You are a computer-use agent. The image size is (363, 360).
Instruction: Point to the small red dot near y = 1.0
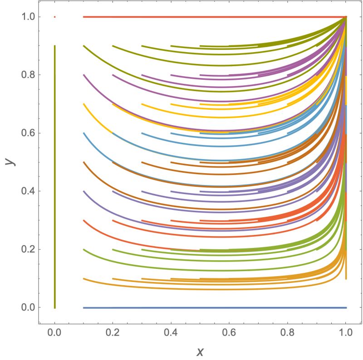[x=54, y=17]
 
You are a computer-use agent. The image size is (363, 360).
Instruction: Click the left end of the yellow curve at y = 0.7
[x=84, y=104]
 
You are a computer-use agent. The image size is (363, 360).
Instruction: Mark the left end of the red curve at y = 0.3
[x=84, y=220]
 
